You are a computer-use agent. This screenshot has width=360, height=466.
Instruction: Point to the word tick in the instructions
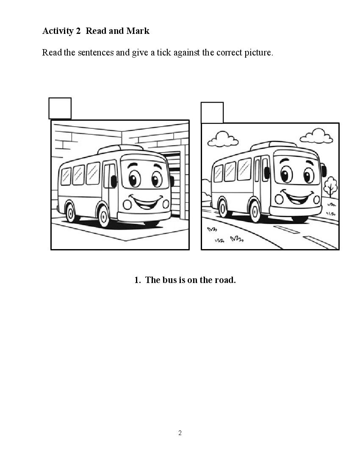(x=163, y=53)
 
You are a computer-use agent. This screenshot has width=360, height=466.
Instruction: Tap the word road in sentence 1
(x=225, y=280)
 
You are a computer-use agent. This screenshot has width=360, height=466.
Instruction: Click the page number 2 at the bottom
(x=180, y=433)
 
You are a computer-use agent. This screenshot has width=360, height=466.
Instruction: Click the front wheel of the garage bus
(x=104, y=216)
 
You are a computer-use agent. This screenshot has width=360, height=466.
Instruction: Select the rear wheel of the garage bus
(x=70, y=213)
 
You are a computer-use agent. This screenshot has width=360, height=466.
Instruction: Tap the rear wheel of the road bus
(x=223, y=208)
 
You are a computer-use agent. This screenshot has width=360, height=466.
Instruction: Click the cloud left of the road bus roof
(x=223, y=139)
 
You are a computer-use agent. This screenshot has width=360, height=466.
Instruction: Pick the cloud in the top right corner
(x=316, y=136)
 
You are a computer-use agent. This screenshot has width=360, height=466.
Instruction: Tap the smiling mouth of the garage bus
(x=147, y=202)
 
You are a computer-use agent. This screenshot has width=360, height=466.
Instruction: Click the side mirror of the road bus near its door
(x=267, y=173)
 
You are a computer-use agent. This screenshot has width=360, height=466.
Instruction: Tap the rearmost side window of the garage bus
(x=66, y=177)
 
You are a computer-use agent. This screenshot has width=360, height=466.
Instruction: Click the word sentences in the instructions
(x=96, y=53)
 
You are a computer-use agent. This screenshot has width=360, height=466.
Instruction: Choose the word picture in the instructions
(x=258, y=53)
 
